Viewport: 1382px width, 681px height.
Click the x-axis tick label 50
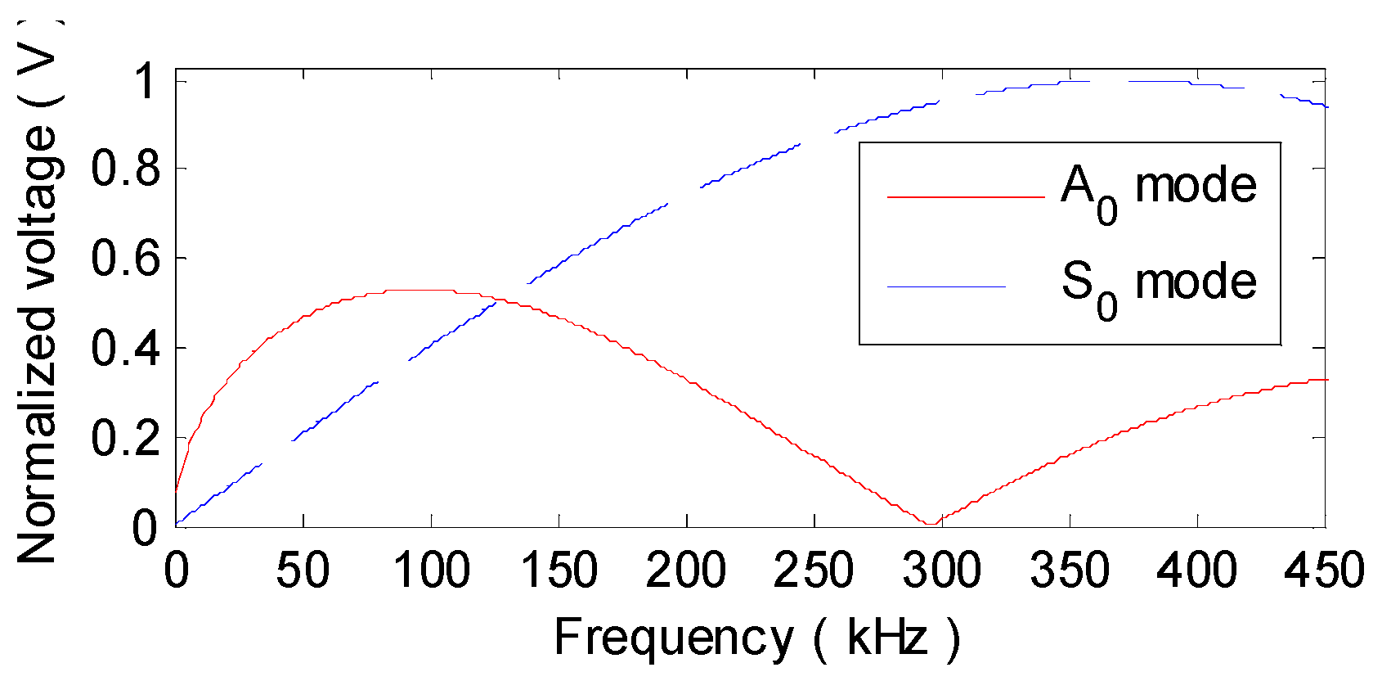[303, 571]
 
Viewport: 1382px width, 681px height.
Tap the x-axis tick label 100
[431, 571]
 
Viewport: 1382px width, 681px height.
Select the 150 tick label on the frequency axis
[559, 571]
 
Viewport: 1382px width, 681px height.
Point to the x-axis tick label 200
[686, 571]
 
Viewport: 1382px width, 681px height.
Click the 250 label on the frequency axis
[814, 571]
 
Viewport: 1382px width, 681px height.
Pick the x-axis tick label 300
[941, 571]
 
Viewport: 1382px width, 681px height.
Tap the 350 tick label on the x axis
[1070, 571]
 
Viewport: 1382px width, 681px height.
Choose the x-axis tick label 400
[1197, 571]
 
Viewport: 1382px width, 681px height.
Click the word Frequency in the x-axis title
[673, 638]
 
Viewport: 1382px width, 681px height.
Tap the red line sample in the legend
[965, 197]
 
